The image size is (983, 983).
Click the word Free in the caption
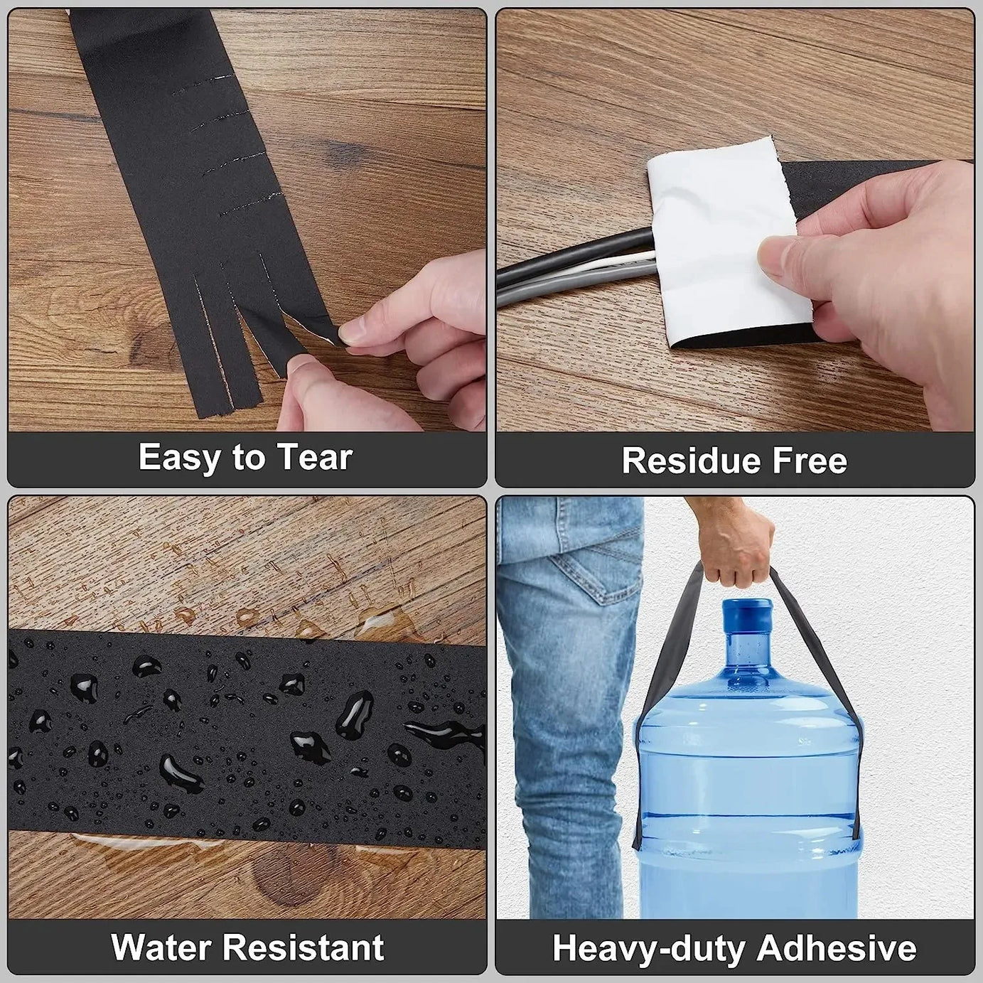coord(810,461)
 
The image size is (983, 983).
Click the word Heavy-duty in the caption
coord(648,949)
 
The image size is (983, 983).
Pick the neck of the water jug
coord(746,647)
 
